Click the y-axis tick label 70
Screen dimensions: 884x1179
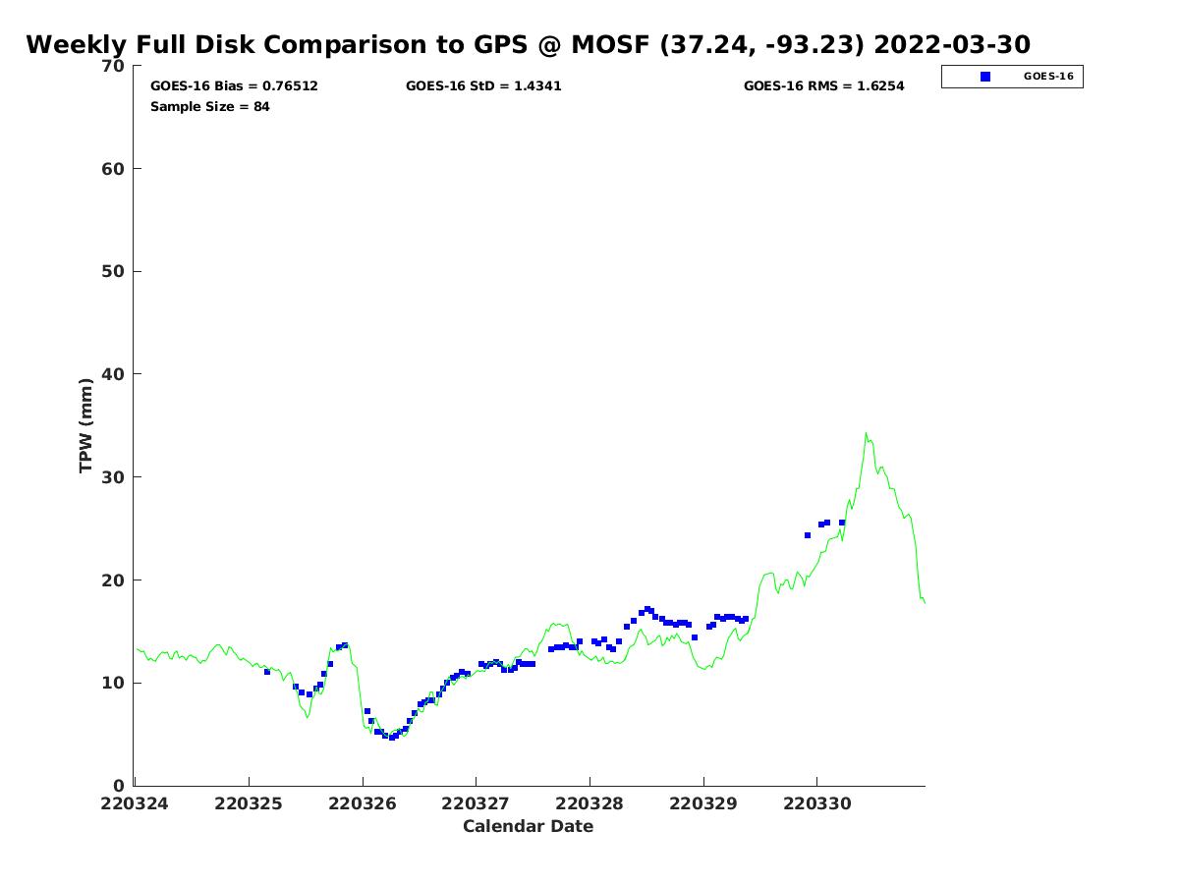(x=115, y=66)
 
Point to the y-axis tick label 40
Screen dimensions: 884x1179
(x=115, y=374)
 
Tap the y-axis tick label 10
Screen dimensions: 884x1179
(x=115, y=683)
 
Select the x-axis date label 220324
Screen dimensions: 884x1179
(x=135, y=803)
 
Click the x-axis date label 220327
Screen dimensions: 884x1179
(x=476, y=803)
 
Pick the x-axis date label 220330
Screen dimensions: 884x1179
(x=817, y=803)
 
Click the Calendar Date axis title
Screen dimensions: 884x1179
(x=529, y=826)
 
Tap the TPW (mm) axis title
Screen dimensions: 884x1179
(x=86, y=424)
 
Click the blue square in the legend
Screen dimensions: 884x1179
(x=985, y=77)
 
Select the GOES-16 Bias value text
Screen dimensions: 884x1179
(x=234, y=86)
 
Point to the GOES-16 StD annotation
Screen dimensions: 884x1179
(x=483, y=86)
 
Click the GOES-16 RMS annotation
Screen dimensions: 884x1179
(x=823, y=86)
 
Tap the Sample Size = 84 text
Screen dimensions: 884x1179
(x=209, y=106)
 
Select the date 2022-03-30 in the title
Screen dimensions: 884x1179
(x=951, y=45)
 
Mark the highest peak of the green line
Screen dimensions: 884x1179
(x=866, y=433)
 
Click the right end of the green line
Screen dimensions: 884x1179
(x=925, y=602)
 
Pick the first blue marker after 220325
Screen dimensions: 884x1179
(x=267, y=672)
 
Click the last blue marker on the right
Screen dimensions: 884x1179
(x=842, y=523)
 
